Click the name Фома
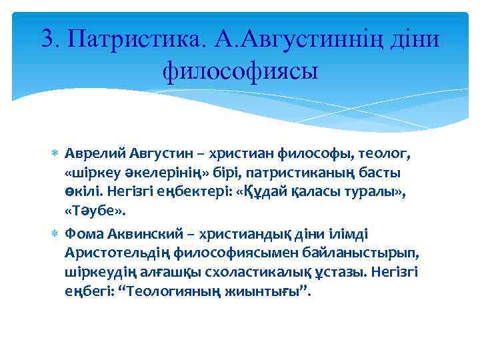click(81, 234)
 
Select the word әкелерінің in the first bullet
click(150, 173)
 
